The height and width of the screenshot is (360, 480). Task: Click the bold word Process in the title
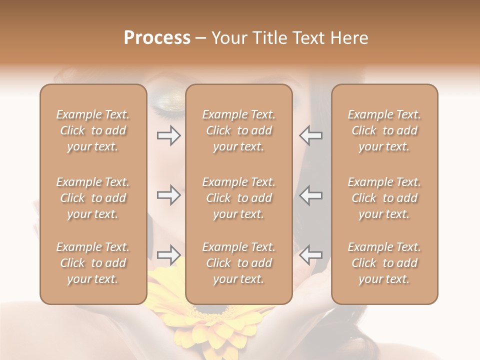pos(157,38)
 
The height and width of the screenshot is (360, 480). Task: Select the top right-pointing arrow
pos(169,135)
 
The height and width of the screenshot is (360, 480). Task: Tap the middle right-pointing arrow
pos(169,195)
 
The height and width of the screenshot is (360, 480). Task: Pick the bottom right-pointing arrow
pos(169,255)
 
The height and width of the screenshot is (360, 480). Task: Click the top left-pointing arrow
pos(311,135)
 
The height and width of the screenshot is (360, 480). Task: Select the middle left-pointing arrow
pos(311,195)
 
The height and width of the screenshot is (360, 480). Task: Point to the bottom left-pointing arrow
pos(311,255)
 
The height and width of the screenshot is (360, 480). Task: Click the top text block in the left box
pos(93,130)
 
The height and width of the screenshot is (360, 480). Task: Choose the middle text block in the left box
pos(93,198)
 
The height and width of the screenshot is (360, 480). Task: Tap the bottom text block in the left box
pos(93,263)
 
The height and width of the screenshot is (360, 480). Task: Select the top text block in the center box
pos(239,130)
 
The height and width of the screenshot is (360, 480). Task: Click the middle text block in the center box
pos(239,198)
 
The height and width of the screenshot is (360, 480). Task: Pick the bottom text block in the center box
pos(239,263)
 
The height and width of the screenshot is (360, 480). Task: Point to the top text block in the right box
pos(384,130)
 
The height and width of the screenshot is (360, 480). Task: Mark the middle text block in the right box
pos(384,198)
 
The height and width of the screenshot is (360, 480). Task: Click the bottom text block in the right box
pos(384,263)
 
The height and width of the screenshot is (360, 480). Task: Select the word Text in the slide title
pos(309,38)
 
